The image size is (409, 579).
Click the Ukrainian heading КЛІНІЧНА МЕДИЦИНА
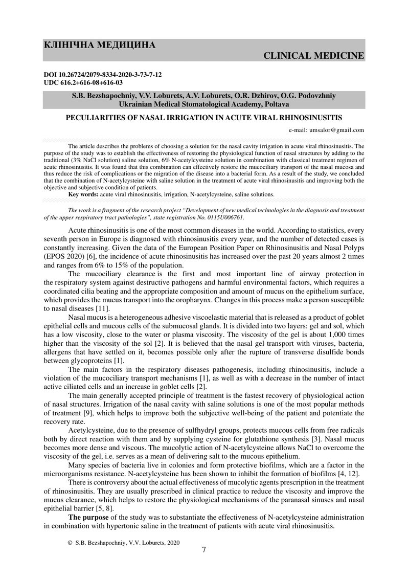100,46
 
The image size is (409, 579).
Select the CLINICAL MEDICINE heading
314,55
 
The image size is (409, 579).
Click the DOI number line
104,75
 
